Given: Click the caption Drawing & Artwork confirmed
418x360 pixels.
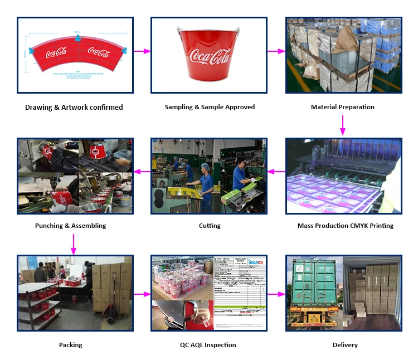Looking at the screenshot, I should (x=74, y=107).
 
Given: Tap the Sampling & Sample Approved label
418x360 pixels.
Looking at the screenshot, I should (x=210, y=107).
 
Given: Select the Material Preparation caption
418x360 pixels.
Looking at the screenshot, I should (x=342, y=107).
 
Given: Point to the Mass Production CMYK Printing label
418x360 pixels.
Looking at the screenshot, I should (x=346, y=226).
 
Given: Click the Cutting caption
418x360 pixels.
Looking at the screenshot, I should (x=210, y=226).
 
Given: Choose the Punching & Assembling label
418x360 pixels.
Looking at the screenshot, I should (x=70, y=226).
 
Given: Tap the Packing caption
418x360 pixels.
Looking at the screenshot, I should (x=71, y=345).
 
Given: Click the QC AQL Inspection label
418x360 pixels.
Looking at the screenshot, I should (x=207, y=345).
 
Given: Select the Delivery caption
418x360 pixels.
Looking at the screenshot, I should (x=345, y=345).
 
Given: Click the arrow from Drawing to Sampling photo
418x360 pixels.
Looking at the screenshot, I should (x=142, y=51).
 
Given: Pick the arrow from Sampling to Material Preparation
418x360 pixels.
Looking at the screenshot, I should (x=276, y=51).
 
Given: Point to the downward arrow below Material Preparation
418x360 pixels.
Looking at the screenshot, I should (x=343, y=125).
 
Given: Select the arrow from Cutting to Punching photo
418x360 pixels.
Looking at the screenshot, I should (x=142, y=171).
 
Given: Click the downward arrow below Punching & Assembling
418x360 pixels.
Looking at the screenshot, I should (x=73, y=244).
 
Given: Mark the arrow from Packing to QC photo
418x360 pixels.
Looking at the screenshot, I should (x=142, y=293).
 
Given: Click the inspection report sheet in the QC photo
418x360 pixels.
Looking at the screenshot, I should (x=242, y=293).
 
